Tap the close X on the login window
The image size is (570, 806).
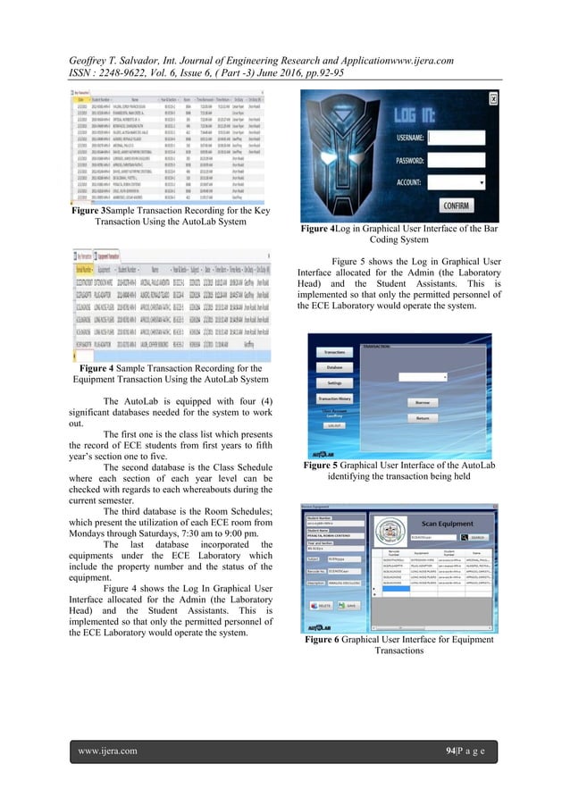point(490,98)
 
